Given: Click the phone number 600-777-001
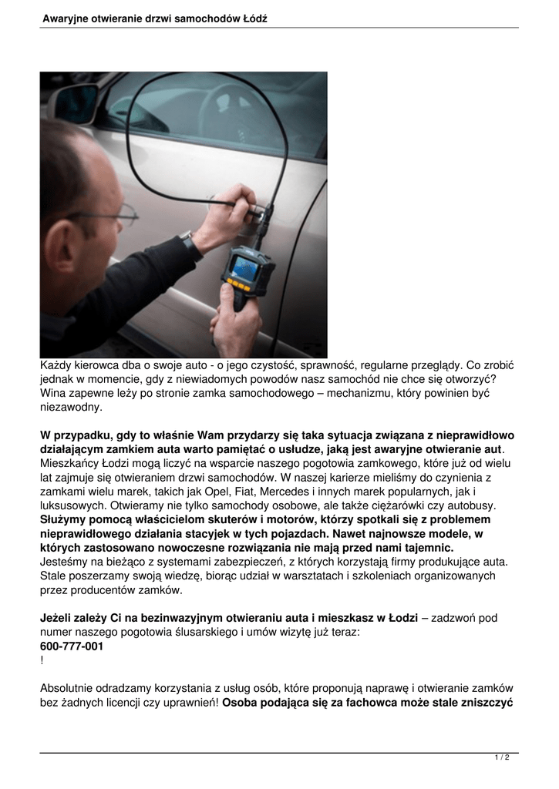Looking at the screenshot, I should [72, 646].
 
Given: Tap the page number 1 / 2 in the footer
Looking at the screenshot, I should [502, 758].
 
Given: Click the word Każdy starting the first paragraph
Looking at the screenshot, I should [57, 365].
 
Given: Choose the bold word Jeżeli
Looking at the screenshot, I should [57, 618].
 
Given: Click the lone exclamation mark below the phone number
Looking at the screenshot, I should [42, 660].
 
